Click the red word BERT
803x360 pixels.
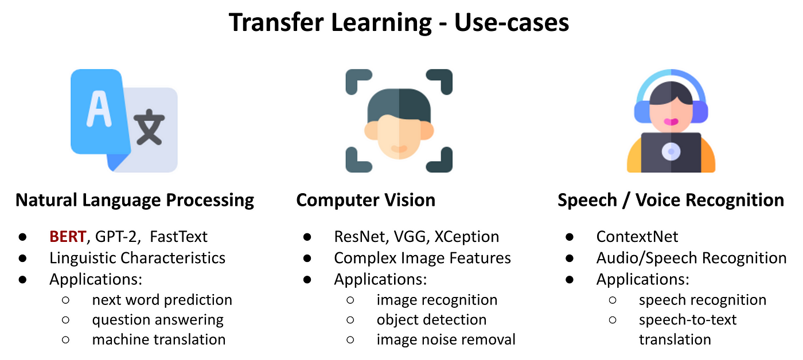coord(68,236)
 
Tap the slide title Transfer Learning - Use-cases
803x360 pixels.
coord(399,22)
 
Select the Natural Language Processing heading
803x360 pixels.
coord(135,200)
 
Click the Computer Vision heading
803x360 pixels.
coord(365,200)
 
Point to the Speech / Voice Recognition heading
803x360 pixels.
coord(671,200)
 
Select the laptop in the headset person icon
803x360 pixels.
coord(671,152)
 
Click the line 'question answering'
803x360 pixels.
coord(158,319)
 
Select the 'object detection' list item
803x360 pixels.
coord(431,319)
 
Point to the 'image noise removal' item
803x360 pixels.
coord(446,339)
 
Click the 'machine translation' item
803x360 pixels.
coord(158,339)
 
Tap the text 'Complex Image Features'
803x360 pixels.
coord(422,258)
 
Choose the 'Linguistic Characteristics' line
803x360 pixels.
coord(137,258)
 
